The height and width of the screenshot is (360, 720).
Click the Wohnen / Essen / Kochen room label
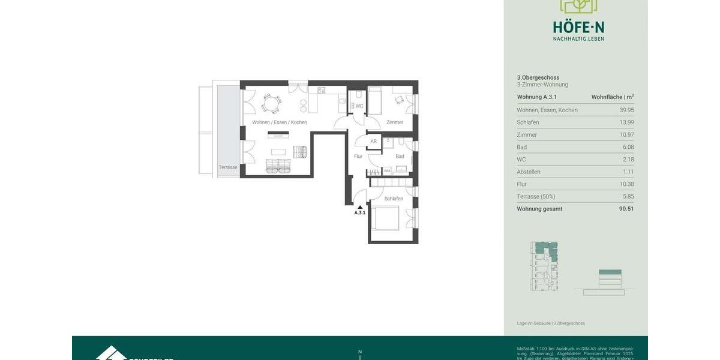click(x=279, y=122)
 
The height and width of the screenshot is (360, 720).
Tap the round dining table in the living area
click(x=271, y=103)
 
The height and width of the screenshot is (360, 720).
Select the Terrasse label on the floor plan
click(x=227, y=167)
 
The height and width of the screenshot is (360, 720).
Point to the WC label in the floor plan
click(x=359, y=106)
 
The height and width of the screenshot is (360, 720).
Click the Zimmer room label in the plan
click(x=394, y=122)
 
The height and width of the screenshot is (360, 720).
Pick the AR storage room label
click(x=373, y=142)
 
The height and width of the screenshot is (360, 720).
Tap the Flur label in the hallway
click(x=358, y=157)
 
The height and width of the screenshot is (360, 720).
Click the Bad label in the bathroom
click(x=400, y=157)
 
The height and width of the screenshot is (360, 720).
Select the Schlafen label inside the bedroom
click(x=394, y=199)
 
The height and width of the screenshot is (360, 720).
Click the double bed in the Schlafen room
click(x=384, y=218)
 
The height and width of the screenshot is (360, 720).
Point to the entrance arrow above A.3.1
click(x=360, y=207)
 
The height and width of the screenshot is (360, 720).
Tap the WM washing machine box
click(x=387, y=171)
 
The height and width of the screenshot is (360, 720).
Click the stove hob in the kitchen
click(x=322, y=91)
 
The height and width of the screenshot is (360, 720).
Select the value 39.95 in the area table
click(x=626, y=110)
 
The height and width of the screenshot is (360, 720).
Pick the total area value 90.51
click(x=626, y=209)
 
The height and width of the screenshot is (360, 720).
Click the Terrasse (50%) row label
click(x=536, y=196)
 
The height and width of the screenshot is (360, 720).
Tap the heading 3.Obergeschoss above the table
click(x=538, y=77)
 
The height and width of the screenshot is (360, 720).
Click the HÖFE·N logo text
click(x=578, y=27)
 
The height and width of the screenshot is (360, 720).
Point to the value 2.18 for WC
click(x=628, y=160)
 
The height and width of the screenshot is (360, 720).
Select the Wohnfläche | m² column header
click(x=612, y=97)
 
